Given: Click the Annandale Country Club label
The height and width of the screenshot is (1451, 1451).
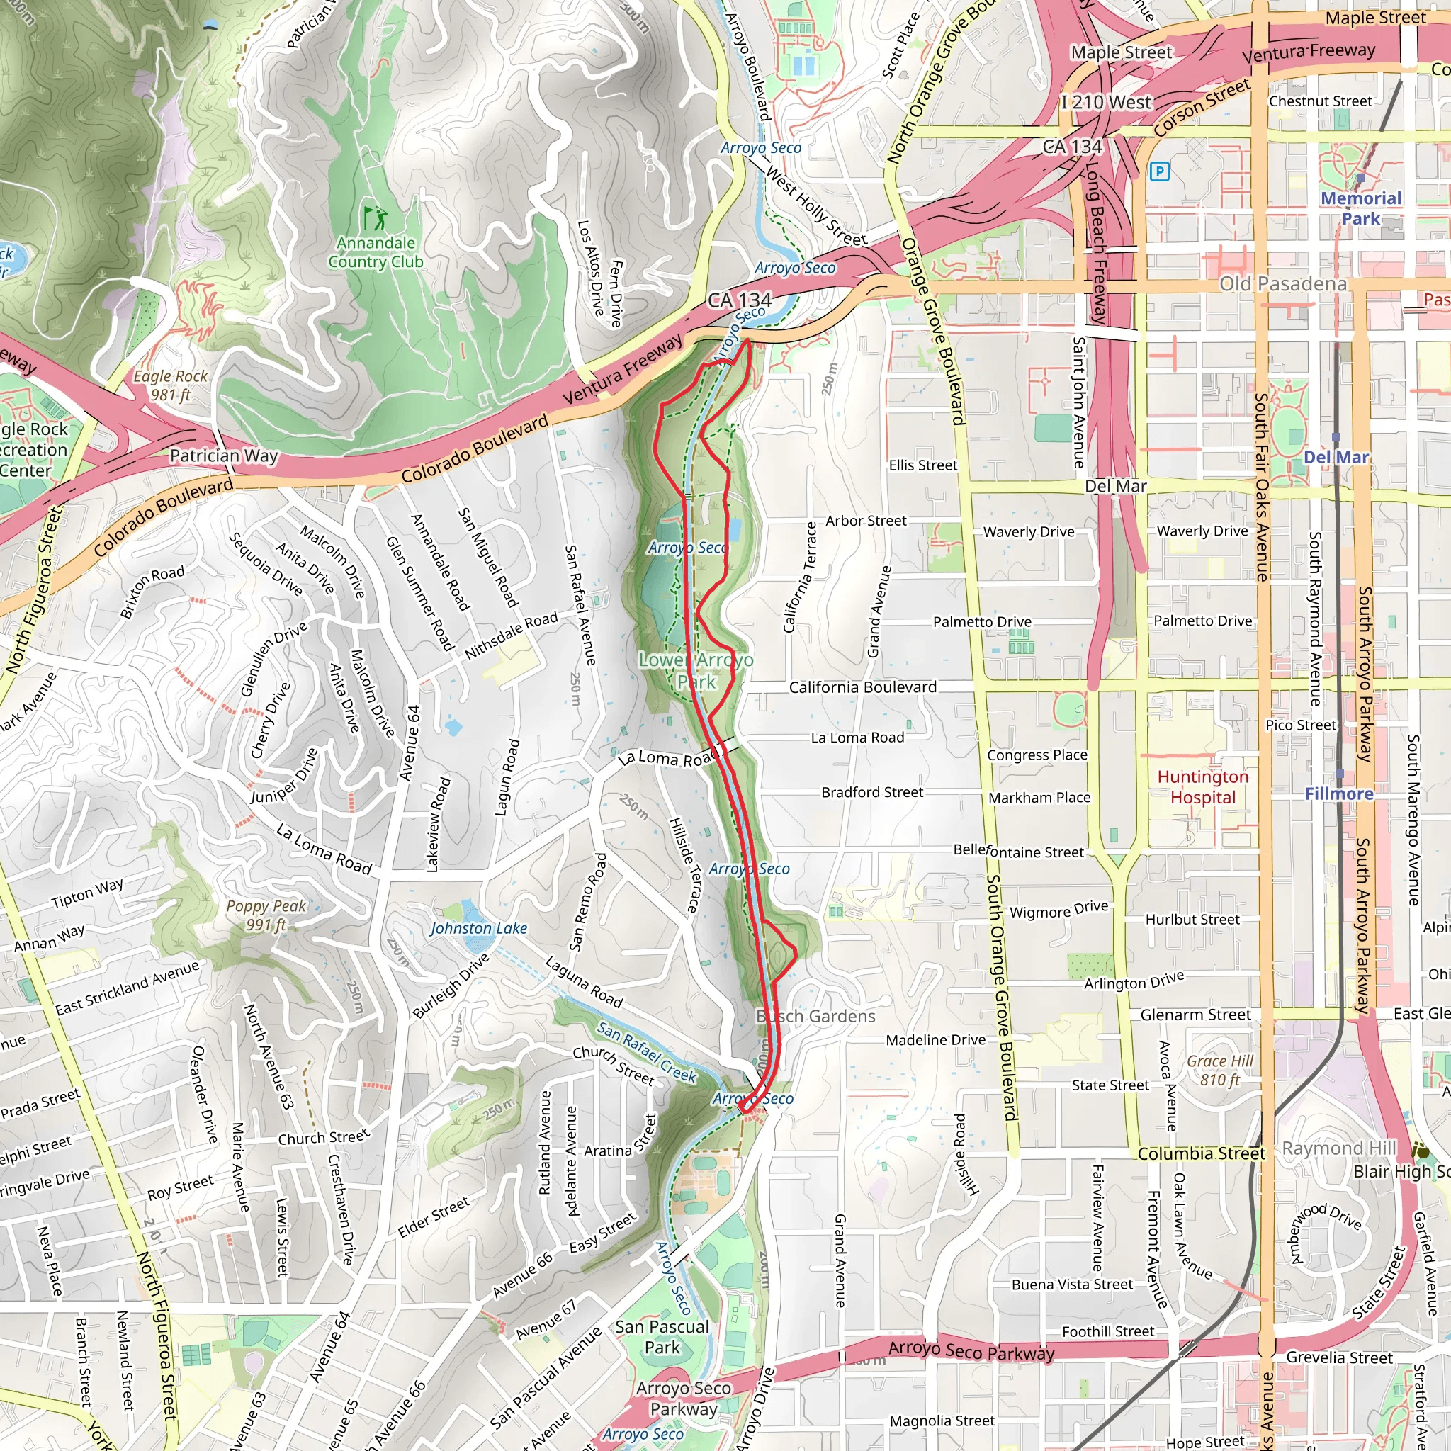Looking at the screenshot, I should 376,252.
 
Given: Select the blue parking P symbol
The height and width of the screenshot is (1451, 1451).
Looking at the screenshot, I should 1160,172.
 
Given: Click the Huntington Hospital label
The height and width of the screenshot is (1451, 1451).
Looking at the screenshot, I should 1202,787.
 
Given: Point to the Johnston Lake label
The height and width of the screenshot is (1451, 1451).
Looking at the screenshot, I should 478,928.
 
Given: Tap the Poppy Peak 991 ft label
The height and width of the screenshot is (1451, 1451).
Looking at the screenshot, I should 266,915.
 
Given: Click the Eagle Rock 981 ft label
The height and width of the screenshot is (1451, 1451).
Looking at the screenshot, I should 171,385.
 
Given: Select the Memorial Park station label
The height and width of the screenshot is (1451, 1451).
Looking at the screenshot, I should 1361,208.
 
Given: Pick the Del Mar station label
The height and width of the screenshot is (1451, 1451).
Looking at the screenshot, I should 1336,458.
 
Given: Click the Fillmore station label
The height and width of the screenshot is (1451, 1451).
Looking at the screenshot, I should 1339,793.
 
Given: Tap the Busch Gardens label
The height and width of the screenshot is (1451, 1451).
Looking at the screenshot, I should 815,1016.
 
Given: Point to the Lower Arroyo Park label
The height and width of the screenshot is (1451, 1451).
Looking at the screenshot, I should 696,671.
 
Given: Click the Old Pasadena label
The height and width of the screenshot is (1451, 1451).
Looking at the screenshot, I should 1282,284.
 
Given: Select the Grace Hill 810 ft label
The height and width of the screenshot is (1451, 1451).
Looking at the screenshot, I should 1220,1071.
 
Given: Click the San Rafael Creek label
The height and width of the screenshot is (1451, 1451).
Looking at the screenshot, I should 647,1052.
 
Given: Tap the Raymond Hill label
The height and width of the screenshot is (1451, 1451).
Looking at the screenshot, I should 1338,1148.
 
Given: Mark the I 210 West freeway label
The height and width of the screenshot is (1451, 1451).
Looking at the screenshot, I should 1105,102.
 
